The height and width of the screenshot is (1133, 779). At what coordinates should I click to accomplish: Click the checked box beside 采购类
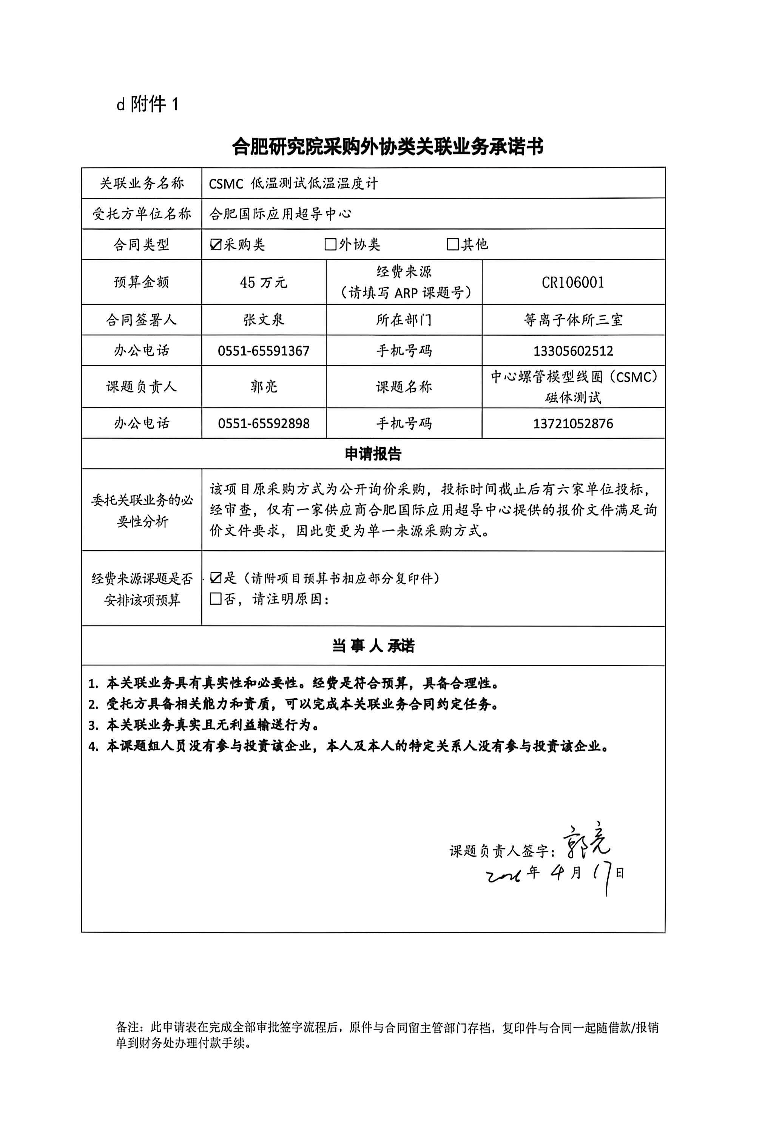[x=215, y=245]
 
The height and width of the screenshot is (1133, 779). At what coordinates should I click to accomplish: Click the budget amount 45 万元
[x=264, y=282]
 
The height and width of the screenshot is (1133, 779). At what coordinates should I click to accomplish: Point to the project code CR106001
[x=573, y=282]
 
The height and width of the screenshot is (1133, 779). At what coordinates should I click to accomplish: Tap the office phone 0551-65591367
[x=264, y=351]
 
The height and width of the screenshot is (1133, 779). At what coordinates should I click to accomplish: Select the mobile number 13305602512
[x=573, y=351]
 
